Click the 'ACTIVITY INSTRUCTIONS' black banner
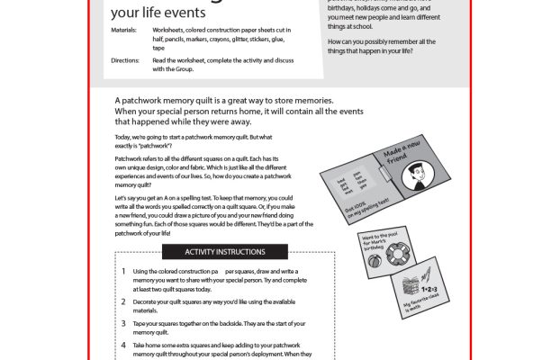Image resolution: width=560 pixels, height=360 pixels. pyautogui.click(x=224, y=251)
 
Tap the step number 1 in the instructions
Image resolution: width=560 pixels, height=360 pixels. pyautogui.click(x=122, y=271)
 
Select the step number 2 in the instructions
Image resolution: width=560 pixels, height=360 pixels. pyautogui.click(x=122, y=296)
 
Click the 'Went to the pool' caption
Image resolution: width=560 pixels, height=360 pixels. pyautogui.click(x=384, y=245)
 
